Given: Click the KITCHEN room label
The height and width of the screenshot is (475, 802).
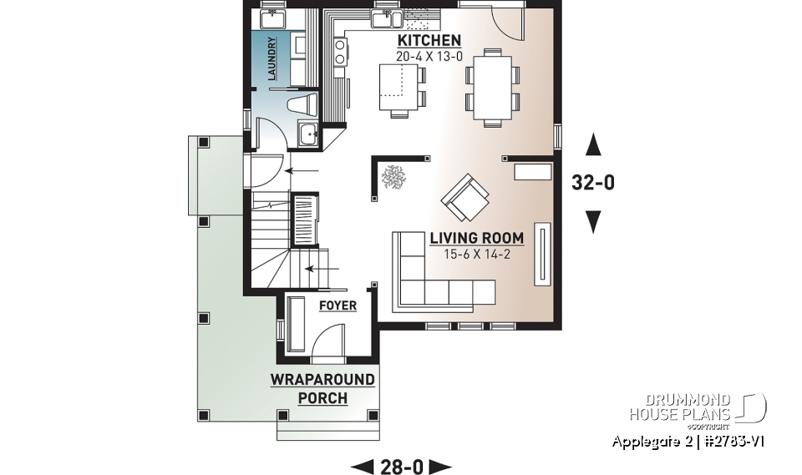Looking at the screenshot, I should pyautogui.click(x=429, y=40).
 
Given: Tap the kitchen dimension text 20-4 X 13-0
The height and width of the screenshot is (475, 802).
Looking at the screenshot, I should pyautogui.click(x=429, y=57).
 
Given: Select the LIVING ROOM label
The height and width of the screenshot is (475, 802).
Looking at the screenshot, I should pyautogui.click(x=477, y=238).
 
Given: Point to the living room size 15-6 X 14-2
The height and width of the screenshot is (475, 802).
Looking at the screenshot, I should pyautogui.click(x=477, y=255).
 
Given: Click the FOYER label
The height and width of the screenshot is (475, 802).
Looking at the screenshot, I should pyautogui.click(x=338, y=306).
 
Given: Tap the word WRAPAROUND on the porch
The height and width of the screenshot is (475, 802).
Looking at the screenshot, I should pyautogui.click(x=322, y=380).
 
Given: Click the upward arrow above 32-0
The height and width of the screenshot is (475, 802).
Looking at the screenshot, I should pyautogui.click(x=592, y=146).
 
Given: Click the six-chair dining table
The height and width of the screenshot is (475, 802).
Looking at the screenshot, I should pyautogui.click(x=491, y=87).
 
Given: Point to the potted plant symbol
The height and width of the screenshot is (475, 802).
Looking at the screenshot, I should pyautogui.click(x=393, y=176).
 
